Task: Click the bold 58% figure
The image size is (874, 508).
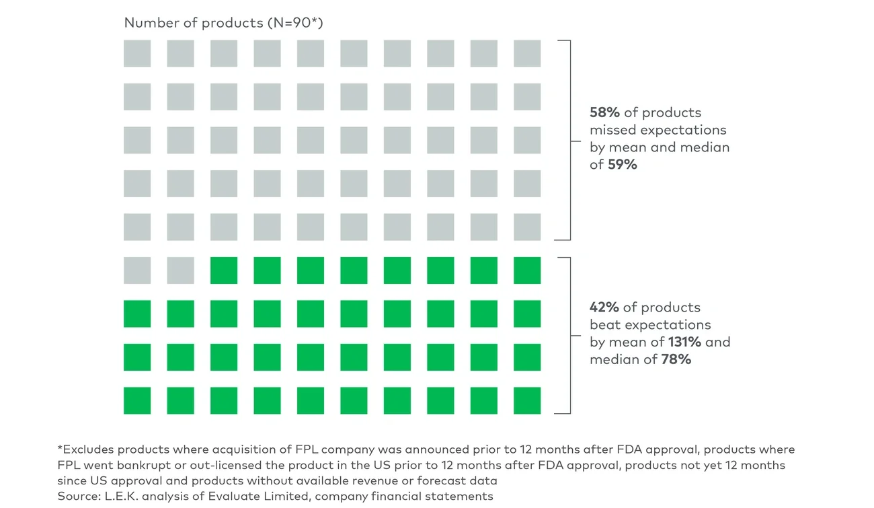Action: point(604,112)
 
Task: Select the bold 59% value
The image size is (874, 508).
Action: point(623,164)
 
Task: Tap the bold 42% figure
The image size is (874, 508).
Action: point(604,307)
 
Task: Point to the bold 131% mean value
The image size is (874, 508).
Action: point(684,342)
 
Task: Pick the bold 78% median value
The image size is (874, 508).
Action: point(676,359)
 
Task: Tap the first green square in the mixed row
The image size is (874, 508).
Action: point(224,270)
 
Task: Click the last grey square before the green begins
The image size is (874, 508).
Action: point(180,270)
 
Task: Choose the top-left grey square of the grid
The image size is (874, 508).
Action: point(137,54)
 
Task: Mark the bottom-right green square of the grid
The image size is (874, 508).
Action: point(527,400)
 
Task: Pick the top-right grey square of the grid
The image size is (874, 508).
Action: point(527,54)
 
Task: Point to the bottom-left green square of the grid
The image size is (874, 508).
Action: point(137,400)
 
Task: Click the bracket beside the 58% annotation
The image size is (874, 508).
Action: point(569,140)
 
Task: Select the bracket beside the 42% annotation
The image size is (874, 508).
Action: point(569,335)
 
